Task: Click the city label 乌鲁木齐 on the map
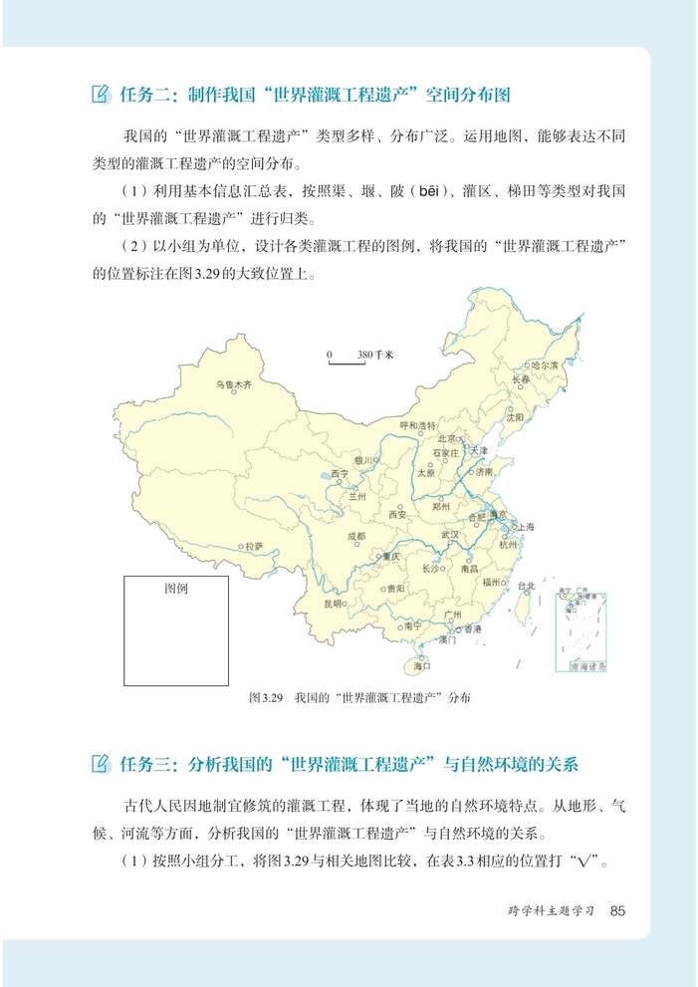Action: pos(234,383)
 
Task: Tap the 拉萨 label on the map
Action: pos(253,546)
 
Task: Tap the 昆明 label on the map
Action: pos(333,603)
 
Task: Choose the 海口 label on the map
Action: pos(421,664)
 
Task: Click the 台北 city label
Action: pos(527,586)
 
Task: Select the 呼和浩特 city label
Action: pos(417,425)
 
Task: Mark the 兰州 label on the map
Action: pos(357,495)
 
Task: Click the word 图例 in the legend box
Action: pos(175,589)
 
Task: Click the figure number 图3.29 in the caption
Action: pos(267,698)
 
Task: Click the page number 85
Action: pos(618,909)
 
